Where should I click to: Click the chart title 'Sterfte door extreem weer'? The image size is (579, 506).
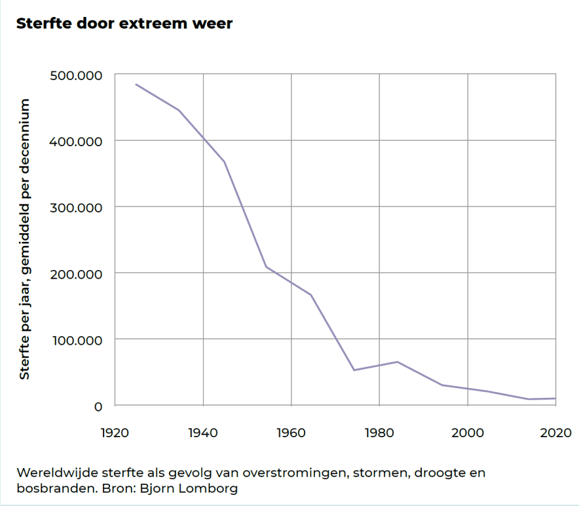click(124, 24)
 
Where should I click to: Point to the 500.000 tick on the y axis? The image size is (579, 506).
click(77, 75)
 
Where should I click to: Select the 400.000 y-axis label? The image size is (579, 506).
click(77, 142)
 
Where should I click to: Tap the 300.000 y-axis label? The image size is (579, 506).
click(77, 208)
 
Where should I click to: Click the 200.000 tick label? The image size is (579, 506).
click(77, 273)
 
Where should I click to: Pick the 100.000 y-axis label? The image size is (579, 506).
click(77, 340)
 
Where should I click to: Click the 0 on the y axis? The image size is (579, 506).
click(98, 406)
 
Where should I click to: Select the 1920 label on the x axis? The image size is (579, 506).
click(115, 433)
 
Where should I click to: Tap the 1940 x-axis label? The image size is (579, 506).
click(203, 433)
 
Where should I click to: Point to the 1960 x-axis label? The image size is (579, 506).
click(291, 433)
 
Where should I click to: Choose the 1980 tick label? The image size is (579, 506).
click(379, 433)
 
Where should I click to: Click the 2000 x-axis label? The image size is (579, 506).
click(467, 433)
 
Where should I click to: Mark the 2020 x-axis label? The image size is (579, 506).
click(555, 433)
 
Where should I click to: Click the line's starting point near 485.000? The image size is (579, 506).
click(136, 84)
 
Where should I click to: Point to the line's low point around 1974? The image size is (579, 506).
click(354, 370)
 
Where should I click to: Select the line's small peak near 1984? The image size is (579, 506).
click(398, 362)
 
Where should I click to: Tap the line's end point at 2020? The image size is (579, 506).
click(555, 399)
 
